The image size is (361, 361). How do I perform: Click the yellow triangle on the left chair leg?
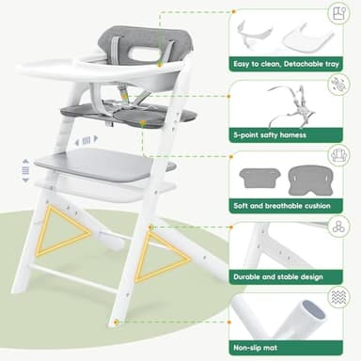(64, 232)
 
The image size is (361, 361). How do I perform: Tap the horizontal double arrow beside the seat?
(86, 139)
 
